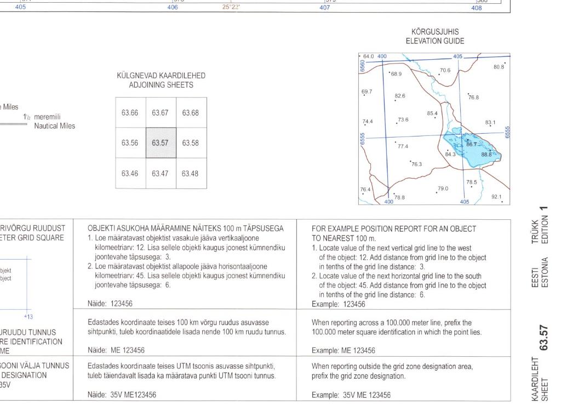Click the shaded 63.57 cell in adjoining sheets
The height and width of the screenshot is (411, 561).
[161, 143]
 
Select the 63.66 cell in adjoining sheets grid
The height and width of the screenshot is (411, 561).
[130, 113]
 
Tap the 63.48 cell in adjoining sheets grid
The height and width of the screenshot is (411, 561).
[191, 173]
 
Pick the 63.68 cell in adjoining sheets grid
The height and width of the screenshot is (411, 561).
[191, 113]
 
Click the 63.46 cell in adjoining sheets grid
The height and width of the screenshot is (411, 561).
[130, 173]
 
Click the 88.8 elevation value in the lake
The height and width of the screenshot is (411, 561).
[486, 155]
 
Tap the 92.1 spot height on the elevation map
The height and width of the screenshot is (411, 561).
[497, 196]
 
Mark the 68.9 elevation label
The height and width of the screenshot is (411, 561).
[396, 73]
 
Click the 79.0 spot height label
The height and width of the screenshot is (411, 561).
[443, 189]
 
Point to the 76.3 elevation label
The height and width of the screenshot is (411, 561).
[416, 164]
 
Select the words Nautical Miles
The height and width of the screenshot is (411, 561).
[54, 126]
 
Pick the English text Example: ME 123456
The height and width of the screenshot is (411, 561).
[343, 350]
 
